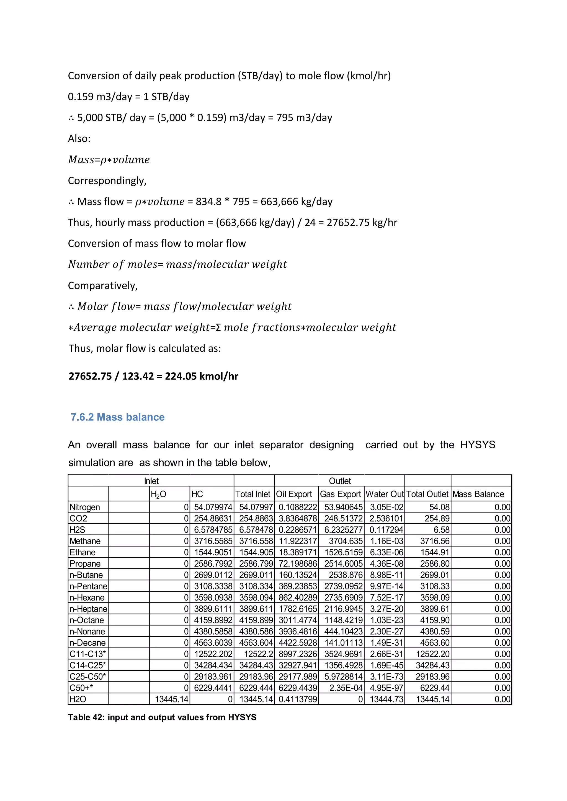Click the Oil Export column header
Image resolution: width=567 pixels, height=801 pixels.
point(294,494)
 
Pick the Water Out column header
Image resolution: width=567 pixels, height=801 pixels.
point(384,494)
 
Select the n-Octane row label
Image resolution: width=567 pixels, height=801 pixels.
point(87,620)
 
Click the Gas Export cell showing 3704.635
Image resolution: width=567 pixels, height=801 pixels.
point(346,541)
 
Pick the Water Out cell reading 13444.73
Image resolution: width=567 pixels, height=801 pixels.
point(386,699)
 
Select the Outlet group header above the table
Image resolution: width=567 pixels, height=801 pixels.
point(340,481)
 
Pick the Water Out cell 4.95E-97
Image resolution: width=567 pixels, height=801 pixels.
point(386,688)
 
